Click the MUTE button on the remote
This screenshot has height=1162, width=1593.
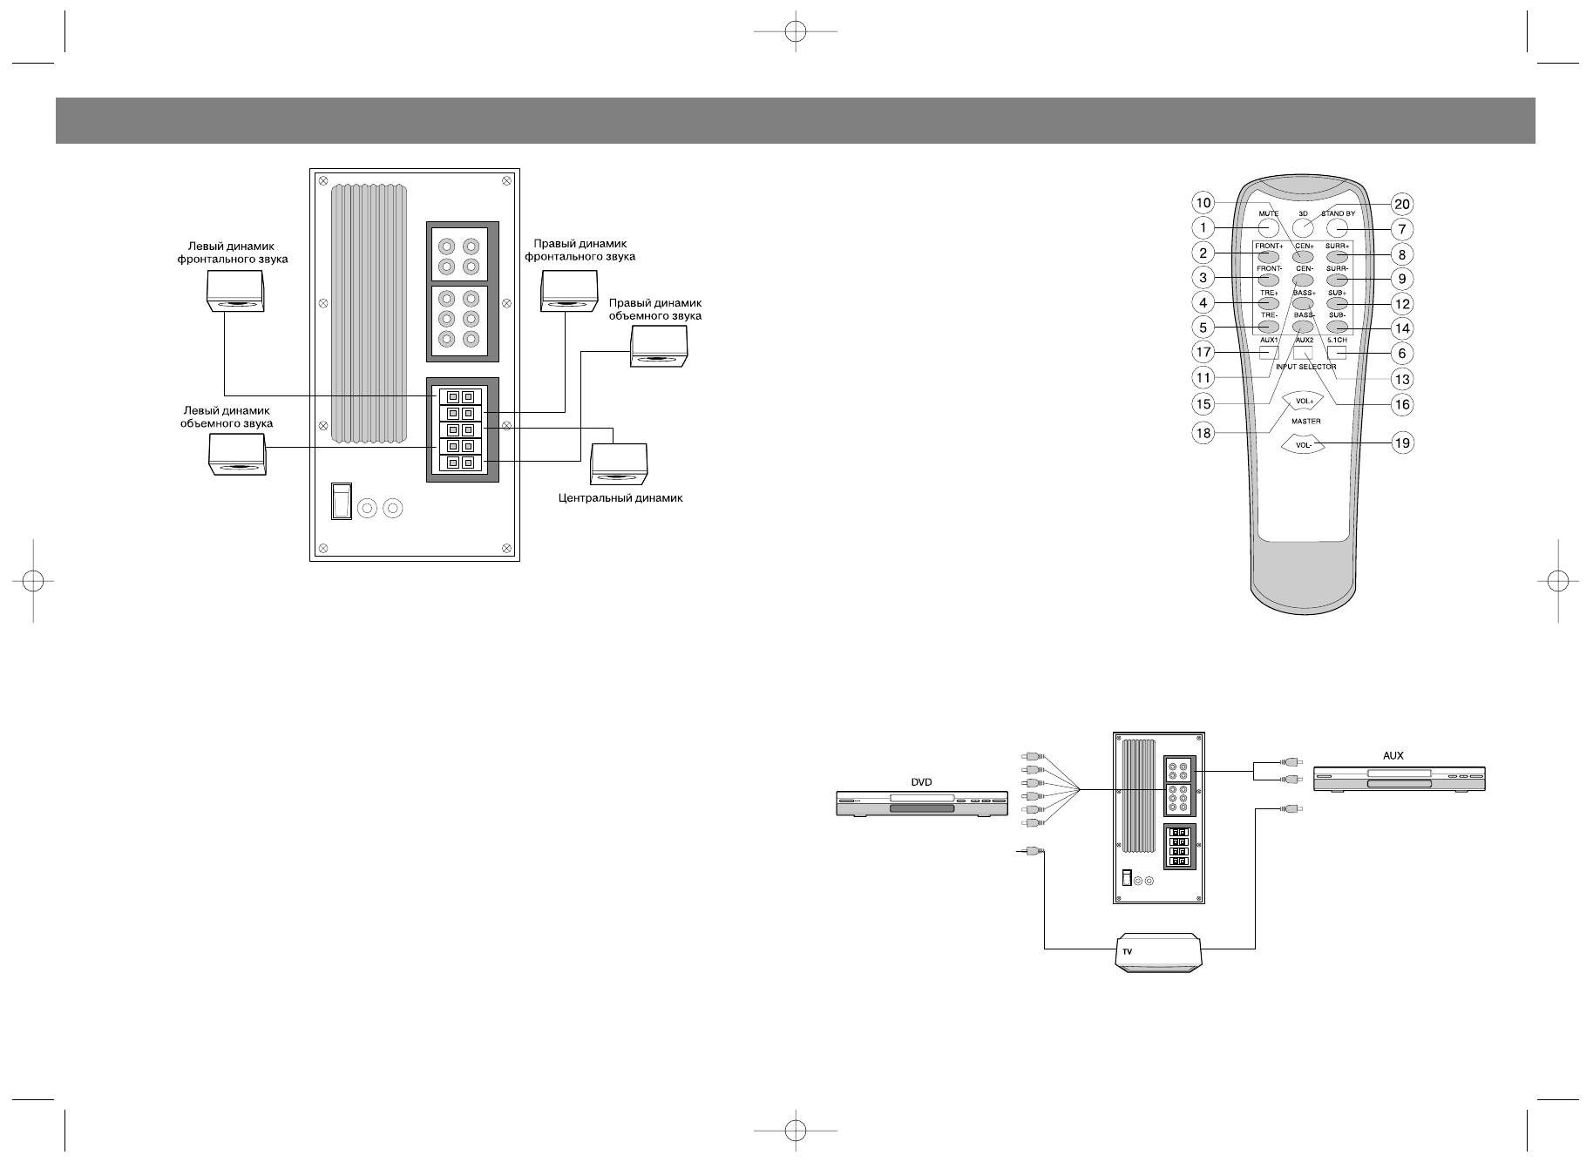[1268, 228]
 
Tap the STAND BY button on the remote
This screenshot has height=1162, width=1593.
[1338, 228]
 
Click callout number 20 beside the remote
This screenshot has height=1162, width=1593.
[1401, 204]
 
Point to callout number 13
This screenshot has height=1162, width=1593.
[1401, 379]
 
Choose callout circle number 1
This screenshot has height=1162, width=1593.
[1203, 228]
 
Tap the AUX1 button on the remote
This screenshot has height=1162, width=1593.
[1269, 353]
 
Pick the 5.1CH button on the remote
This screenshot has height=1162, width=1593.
[1337, 353]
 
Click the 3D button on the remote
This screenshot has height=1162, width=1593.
[1303, 228]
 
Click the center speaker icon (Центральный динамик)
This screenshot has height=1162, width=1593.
[620, 463]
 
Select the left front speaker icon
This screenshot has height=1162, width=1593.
[234, 291]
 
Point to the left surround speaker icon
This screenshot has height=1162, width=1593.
[237, 455]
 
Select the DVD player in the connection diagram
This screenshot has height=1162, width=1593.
[921, 802]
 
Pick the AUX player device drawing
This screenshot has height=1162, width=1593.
[1399, 778]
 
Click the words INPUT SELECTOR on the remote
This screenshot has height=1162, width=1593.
[1305, 367]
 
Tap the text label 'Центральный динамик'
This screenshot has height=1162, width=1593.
[620, 499]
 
